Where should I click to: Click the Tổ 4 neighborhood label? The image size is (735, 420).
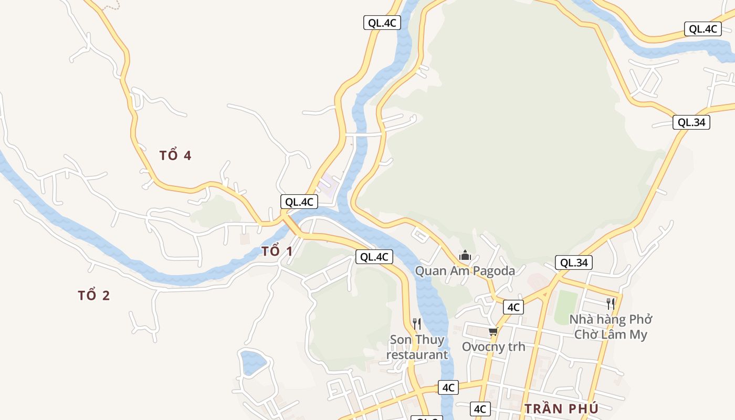pyautogui.click(x=175, y=155)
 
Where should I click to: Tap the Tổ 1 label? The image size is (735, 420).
pyautogui.click(x=277, y=251)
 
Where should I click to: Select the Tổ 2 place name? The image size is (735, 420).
pyautogui.click(x=94, y=296)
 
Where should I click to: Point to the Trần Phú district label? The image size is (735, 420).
pyautogui.click(x=561, y=408)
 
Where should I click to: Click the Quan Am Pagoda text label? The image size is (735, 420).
pyautogui.click(x=465, y=271)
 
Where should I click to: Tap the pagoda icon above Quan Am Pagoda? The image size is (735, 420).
pyautogui.click(x=465, y=256)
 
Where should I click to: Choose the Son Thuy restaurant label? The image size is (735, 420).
pyautogui.click(x=417, y=347)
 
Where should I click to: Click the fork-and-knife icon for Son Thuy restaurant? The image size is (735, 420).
pyautogui.click(x=417, y=323)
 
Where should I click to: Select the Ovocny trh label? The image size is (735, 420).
pyautogui.click(x=493, y=346)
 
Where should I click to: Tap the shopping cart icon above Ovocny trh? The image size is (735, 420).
pyautogui.click(x=493, y=331)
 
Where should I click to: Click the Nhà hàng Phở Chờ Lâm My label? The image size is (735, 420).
pyautogui.click(x=611, y=327)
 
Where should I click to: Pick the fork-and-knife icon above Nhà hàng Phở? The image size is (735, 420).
pyautogui.click(x=610, y=303)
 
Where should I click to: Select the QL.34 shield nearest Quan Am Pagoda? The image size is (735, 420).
pyautogui.click(x=574, y=262)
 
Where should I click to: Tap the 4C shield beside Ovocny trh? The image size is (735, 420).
pyautogui.click(x=513, y=307)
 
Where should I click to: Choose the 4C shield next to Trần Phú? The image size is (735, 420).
pyautogui.click(x=480, y=409)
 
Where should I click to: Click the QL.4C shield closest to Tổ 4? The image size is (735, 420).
pyautogui.click(x=299, y=202)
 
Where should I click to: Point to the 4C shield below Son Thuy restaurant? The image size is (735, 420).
pyautogui.click(x=448, y=387)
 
